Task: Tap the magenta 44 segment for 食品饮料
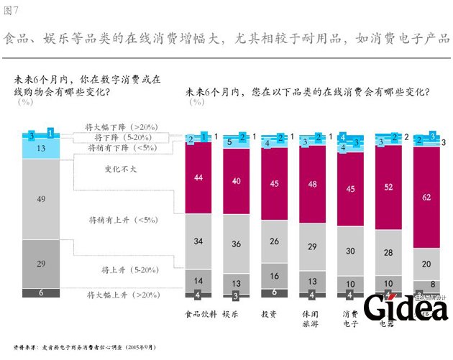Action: (198, 177)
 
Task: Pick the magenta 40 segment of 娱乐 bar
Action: (237, 180)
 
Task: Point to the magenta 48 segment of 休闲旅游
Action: (313, 184)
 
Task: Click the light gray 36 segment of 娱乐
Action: (237, 244)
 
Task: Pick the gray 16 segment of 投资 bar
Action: (275, 276)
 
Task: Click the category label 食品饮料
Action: (199, 314)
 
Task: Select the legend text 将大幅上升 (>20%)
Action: (118, 295)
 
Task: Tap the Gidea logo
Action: (406, 308)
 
